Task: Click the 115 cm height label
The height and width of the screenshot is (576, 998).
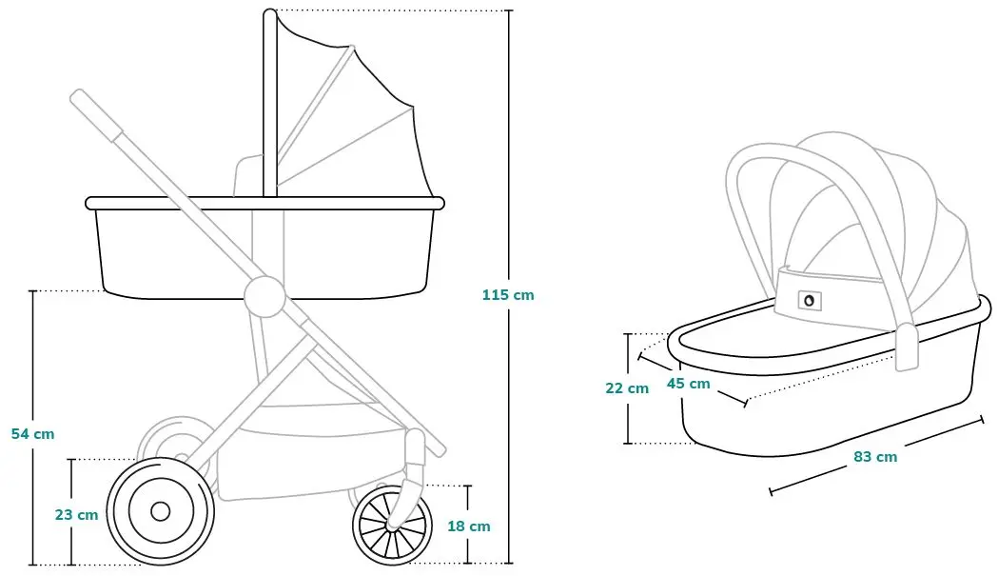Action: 508,295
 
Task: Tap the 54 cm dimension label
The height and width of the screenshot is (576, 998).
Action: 33,434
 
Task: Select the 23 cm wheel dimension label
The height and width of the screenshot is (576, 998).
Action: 76,515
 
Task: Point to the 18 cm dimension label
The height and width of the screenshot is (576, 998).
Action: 469,526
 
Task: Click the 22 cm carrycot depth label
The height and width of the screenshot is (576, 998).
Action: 627,388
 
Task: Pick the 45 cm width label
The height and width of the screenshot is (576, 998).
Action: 689,384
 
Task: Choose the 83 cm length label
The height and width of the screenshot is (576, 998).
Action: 876,457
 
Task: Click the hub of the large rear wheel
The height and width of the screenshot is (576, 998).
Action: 161,511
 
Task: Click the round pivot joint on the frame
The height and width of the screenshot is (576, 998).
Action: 264,296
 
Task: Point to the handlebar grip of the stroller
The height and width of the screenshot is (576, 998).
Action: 97,116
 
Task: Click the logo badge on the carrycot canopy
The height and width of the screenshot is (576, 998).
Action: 809,300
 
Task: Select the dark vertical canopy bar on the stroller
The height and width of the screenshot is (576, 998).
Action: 270,103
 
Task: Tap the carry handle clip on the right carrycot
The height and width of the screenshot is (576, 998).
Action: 907,347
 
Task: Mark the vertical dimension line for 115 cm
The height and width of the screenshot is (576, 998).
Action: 509,287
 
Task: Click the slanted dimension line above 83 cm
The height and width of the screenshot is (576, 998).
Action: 877,455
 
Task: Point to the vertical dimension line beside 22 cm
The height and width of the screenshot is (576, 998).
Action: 628,388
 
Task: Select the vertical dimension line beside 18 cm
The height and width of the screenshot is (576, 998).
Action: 468,525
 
